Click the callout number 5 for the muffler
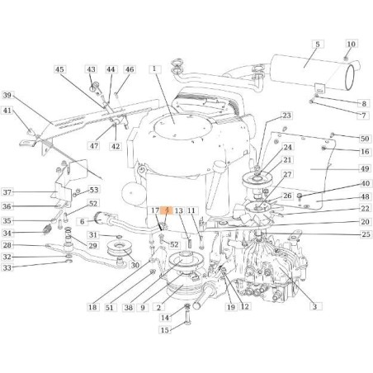[x=318, y=45]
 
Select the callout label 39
[x=7, y=96]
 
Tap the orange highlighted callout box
[x=167, y=210]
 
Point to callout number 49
[x=365, y=168]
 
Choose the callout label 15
[x=165, y=329]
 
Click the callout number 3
[x=314, y=306]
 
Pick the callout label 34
[x=7, y=234]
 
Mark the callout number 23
[x=286, y=116]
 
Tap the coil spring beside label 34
[x=47, y=229]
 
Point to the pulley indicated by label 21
[x=257, y=179]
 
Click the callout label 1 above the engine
[x=154, y=69]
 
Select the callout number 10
[x=352, y=45]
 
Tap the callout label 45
[x=59, y=69]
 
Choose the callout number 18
[x=92, y=307]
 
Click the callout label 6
[x=82, y=221]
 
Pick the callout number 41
[x=7, y=111]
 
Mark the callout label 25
[x=366, y=234]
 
